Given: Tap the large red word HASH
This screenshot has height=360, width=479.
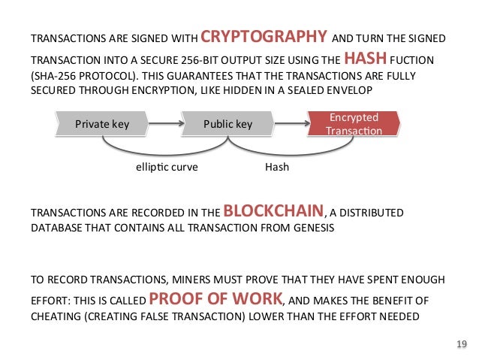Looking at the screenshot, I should pyautogui.click(x=366, y=58).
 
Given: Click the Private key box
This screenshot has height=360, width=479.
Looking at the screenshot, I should pyautogui.click(x=102, y=124).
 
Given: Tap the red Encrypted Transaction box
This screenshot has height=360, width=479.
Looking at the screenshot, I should pyautogui.click(x=354, y=124).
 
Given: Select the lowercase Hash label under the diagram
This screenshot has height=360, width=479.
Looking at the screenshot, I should pyautogui.click(x=277, y=168).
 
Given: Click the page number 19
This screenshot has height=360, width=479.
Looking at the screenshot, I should pyautogui.click(x=461, y=344).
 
